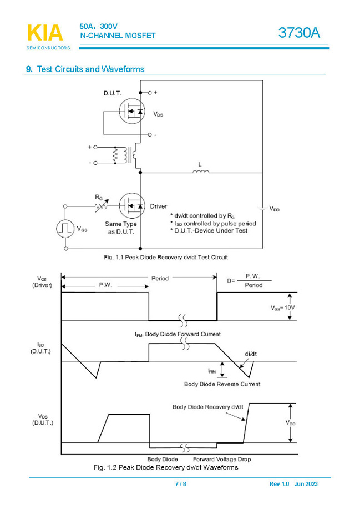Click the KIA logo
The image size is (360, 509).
(x=45, y=33)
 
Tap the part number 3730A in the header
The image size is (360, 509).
(x=299, y=33)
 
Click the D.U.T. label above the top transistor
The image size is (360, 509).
(x=112, y=93)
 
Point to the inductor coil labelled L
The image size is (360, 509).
(x=200, y=171)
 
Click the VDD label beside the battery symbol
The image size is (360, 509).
(x=274, y=209)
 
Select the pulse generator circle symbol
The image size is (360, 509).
(x=65, y=228)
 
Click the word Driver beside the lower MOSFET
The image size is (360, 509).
(x=158, y=206)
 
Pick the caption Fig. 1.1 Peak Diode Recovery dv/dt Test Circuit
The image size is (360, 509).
(x=165, y=258)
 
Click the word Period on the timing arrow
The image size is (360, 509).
(x=160, y=278)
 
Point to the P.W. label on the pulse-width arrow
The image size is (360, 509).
(x=105, y=285)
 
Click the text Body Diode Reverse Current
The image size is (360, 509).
(x=222, y=384)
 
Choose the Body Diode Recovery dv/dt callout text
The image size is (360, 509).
(x=208, y=406)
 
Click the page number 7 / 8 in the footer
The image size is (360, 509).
(x=180, y=484)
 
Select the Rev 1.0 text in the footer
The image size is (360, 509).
(x=279, y=484)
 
